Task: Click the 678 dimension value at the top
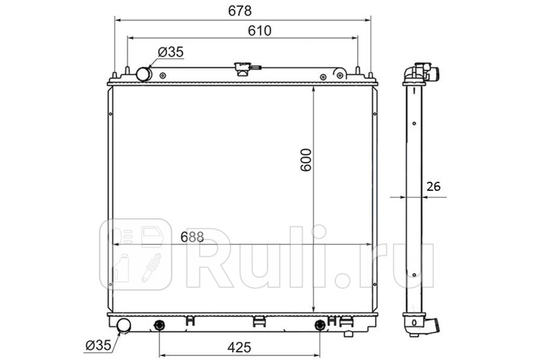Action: point(240,11)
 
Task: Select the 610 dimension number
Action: point(260,31)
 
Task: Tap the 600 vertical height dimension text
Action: point(306,160)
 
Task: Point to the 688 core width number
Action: point(192,237)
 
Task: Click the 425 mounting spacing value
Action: point(239,347)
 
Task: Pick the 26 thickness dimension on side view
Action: point(433,187)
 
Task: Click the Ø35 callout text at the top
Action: point(171,52)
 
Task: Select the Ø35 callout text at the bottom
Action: point(99,345)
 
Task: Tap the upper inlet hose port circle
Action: point(144,74)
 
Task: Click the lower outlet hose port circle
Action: point(124,325)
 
